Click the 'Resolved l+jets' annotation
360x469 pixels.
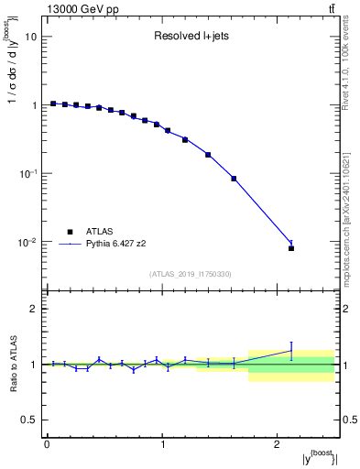click(x=192, y=37)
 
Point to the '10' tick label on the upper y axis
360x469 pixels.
click(x=30, y=37)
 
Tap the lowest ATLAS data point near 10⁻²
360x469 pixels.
click(x=291, y=248)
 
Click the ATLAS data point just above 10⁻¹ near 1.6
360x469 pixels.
click(x=234, y=179)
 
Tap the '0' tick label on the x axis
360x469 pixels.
click(x=47, y=443)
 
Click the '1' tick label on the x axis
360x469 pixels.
click(x=162, y=443)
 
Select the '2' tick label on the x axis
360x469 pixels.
click(x=278, y=443)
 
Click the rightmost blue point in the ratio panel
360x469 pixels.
click(x=291, y=350)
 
